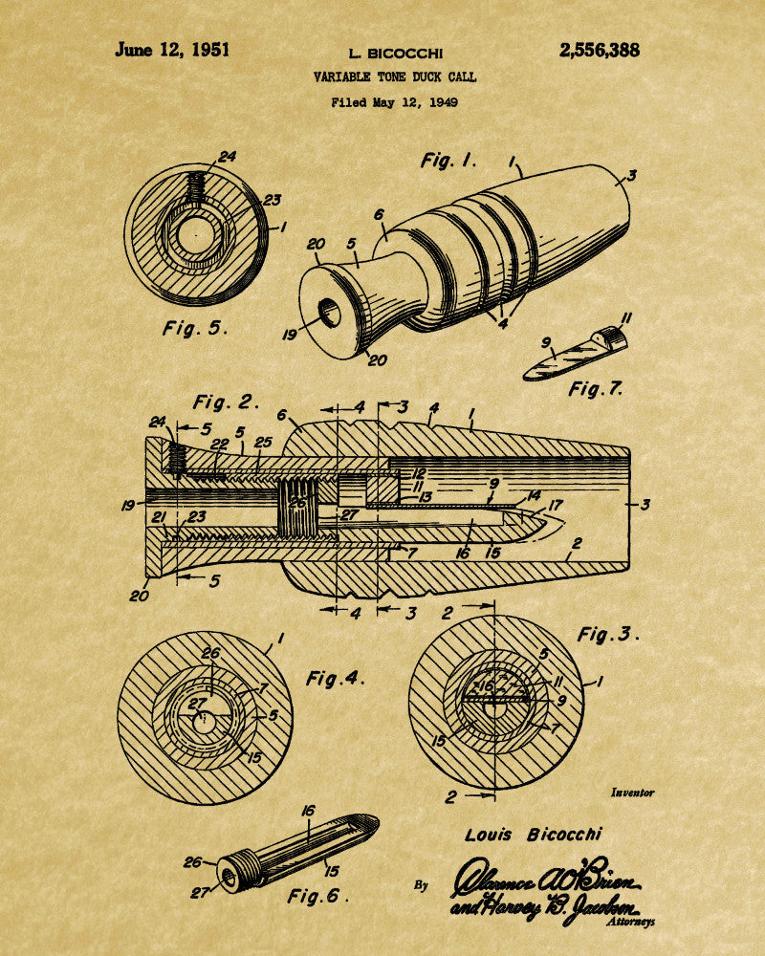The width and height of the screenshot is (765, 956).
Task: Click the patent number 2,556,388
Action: coord(600,51)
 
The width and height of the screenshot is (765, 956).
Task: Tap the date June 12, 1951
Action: coord(172,51)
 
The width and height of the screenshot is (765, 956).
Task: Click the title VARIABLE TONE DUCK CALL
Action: coord(394,77)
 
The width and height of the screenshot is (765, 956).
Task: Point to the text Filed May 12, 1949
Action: coord(394,101)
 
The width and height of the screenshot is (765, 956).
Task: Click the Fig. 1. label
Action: coord(448,161)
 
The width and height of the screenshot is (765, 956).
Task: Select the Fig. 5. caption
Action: coord(195,328)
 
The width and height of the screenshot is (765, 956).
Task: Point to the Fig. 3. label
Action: coord(608,634)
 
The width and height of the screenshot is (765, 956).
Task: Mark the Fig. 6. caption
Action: coord(318,897)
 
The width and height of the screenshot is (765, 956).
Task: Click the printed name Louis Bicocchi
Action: coord(534,835)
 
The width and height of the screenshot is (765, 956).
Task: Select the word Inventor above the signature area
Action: coord(632,793)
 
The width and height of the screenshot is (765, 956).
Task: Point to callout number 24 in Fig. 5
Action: coord(227,157)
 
